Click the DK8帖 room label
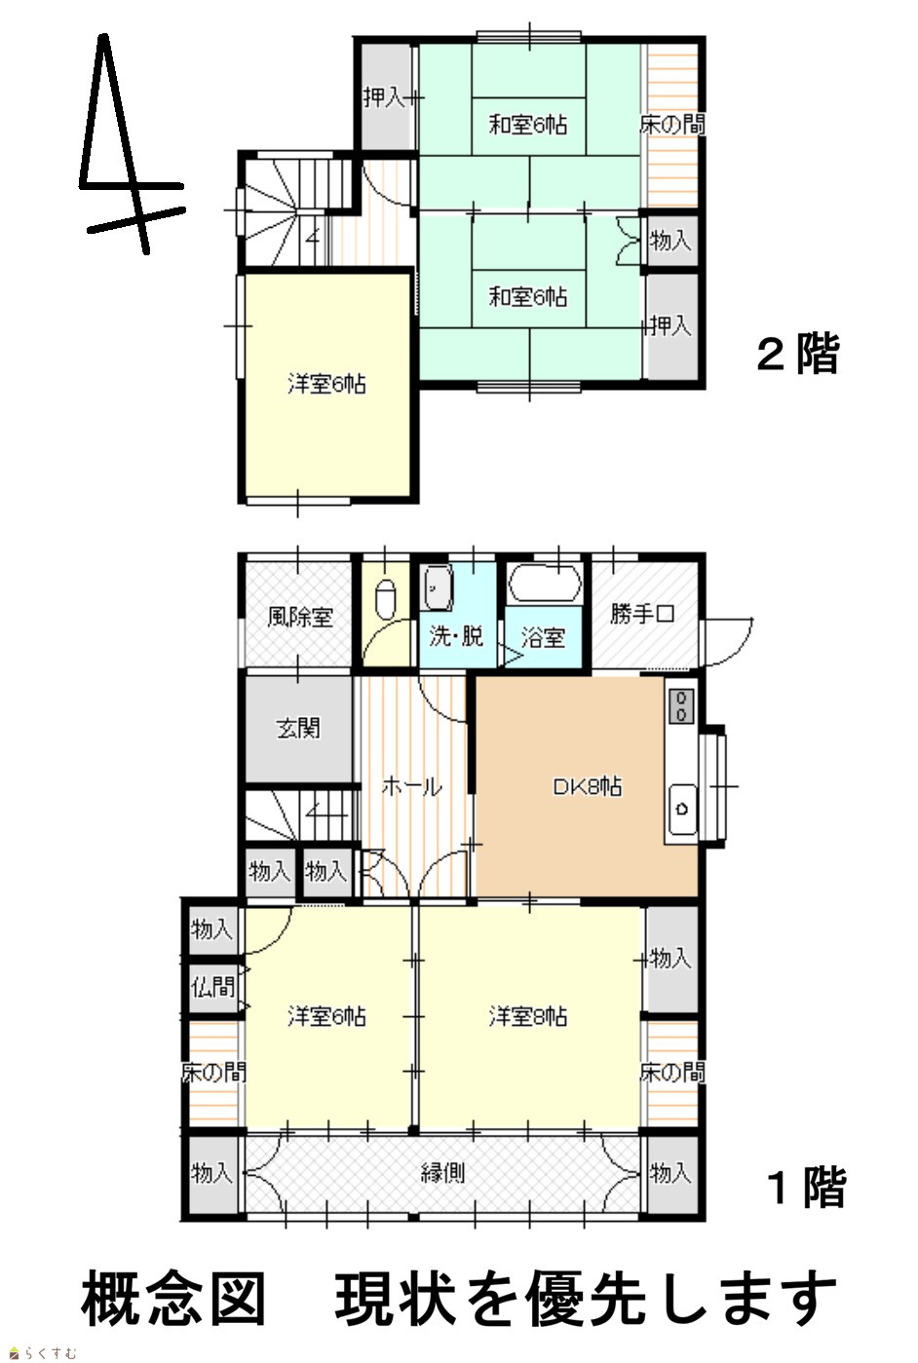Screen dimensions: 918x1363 [587, 787]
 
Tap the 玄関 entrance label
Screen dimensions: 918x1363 [298, 728]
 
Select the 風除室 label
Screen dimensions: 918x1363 [300, 617]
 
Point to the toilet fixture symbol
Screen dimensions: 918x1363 [387, 600]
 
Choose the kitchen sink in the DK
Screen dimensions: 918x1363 [682, 809]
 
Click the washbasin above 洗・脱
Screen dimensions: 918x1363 [439, 587]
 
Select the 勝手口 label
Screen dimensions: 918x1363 [642, 614]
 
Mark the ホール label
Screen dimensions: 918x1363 [411, 787]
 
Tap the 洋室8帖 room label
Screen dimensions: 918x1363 [528, 1016]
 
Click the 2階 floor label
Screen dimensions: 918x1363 [798, 353]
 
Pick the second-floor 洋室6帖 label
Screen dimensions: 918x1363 [326, 385]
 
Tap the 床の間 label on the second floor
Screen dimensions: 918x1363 [672, 125]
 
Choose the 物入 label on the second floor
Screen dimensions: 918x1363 [670, 241]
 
